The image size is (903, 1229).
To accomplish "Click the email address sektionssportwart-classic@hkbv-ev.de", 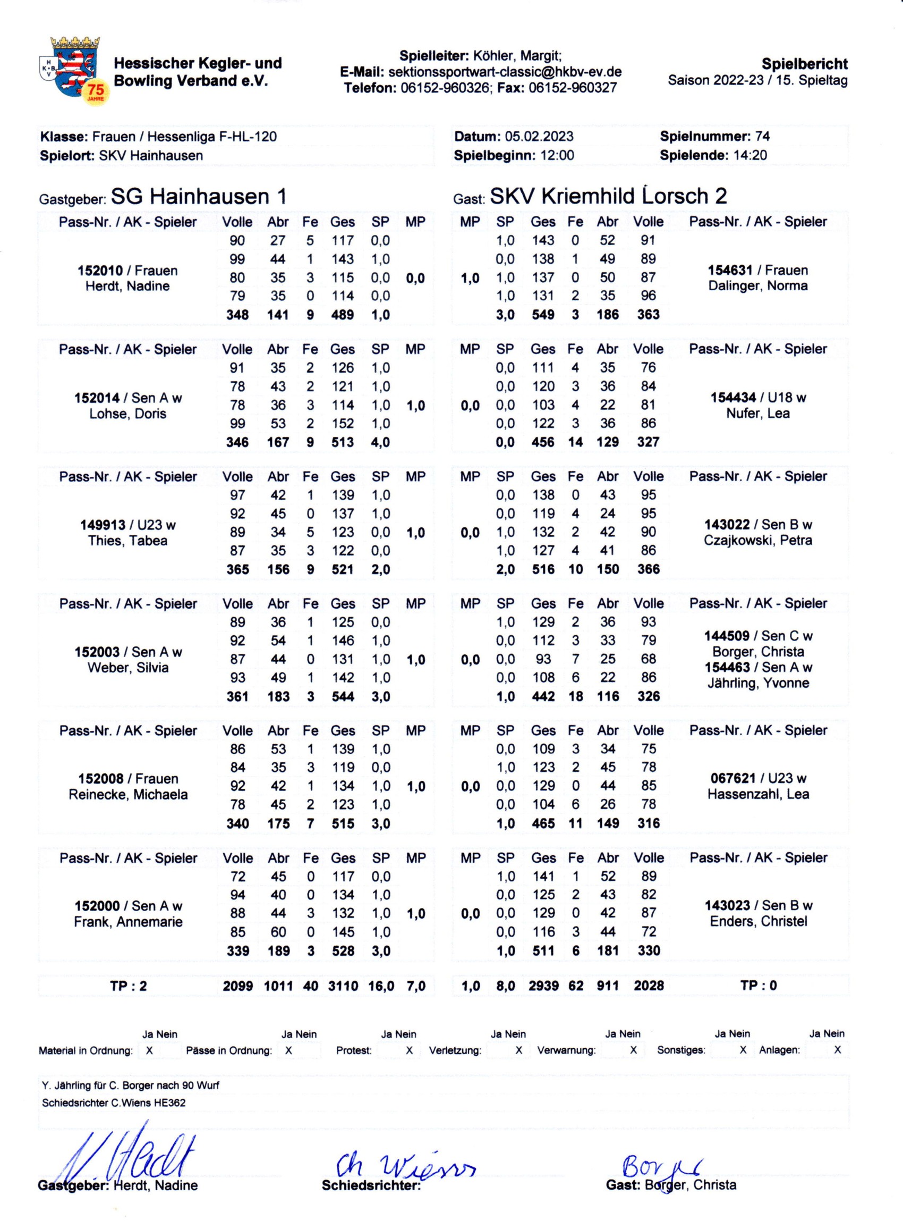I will click(505, 72).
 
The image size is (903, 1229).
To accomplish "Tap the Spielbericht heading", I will click(805, 64).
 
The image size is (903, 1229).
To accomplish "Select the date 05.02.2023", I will click(539, 136).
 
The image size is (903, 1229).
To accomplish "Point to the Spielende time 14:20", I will click(750, 155).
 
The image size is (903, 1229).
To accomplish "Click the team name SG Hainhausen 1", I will click(199, 196).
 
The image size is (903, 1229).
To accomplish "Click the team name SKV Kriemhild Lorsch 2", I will click(608, 196).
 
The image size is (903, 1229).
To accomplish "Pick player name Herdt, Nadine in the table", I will click(127, 286).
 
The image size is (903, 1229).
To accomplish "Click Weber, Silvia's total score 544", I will click(343, 696).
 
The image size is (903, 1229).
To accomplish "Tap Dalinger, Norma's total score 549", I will click(543, 315).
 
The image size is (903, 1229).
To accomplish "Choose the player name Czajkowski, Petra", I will click(758, 541).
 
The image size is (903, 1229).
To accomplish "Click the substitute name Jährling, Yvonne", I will click(758, 683).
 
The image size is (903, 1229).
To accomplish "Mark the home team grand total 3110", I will click(343, 986).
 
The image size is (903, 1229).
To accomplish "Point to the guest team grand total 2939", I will click(543, 986).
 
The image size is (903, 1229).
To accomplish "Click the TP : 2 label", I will click(128, 986).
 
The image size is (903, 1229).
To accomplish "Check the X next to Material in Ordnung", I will click(149, 1050).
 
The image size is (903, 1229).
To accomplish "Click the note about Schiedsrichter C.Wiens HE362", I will click(114, 1102).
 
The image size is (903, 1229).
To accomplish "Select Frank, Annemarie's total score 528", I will click(343, 950).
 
